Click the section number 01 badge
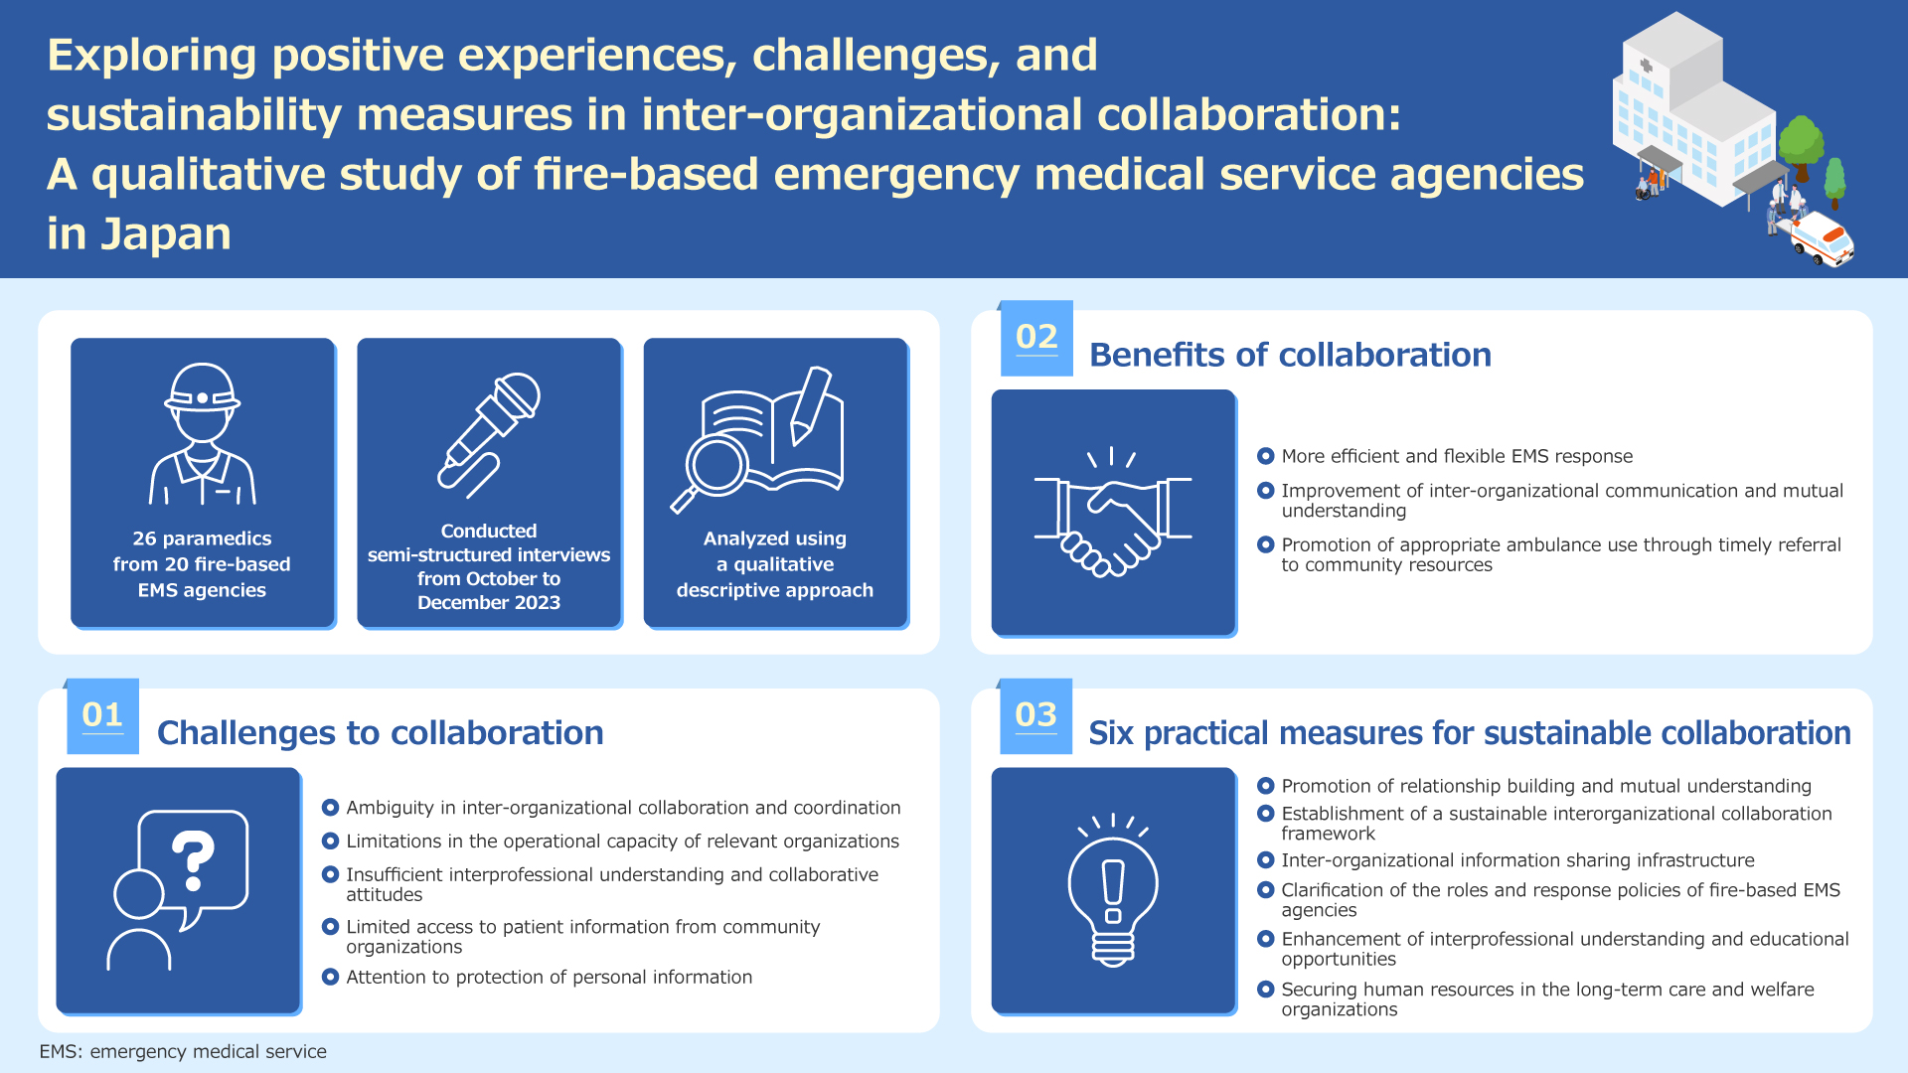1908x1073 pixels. (x=102, y=716)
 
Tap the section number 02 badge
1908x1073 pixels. (x=1036, y=338)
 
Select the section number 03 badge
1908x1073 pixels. (x=1036, y=716)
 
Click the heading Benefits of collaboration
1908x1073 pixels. (x=1290, y=355)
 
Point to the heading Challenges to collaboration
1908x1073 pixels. (x=381, y=733)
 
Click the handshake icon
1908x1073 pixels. (x=1113, y=512)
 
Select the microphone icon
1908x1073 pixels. (x=489, y=435)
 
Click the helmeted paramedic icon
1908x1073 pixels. (x=203, y=434)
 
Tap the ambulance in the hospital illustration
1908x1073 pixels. (x=1823, y=239)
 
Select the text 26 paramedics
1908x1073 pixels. (x=202, y=538)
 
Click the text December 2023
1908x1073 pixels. (x=489, y=603)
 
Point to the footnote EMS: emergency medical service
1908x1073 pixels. (x=183, y=1051)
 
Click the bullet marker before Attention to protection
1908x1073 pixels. (x=331, y=977)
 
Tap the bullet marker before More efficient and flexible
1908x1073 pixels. (x=1266, y=456)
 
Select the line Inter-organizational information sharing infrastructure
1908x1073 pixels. (x=1517, y=860)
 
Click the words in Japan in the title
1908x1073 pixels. (x=139, y=234)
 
